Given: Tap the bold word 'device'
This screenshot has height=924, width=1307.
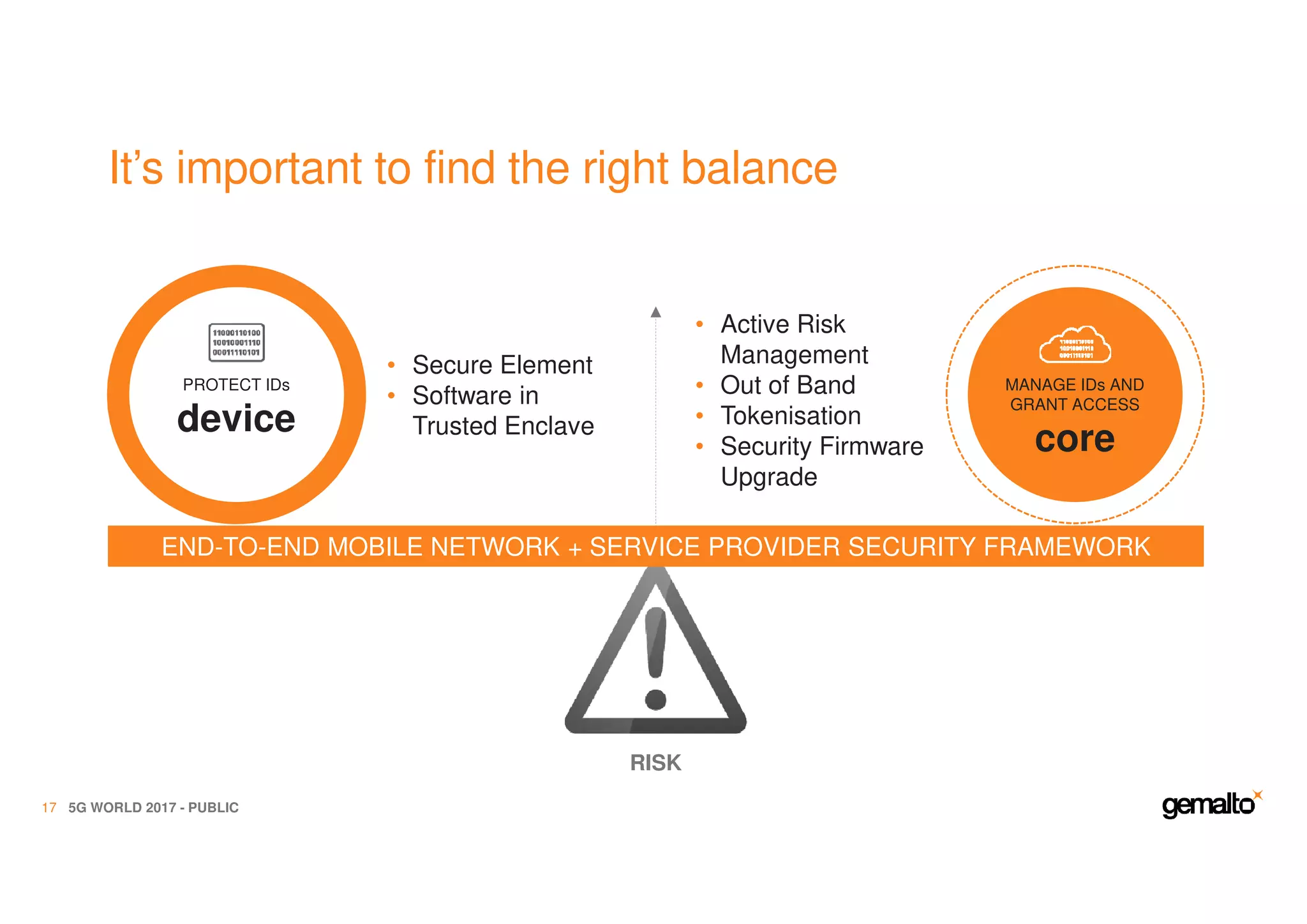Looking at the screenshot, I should pos(236,419).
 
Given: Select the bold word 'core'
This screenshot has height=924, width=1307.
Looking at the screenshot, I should pos(1075,439).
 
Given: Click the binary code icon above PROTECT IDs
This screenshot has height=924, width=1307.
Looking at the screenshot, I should pos(237,343).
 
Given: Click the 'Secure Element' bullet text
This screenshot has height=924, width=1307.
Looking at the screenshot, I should pos(502,365).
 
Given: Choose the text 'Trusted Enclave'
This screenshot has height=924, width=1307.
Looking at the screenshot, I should pos(503,426).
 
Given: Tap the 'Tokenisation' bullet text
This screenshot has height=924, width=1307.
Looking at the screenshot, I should pos(791,416).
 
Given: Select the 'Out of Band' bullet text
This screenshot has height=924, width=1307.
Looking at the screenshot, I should pos(788,385).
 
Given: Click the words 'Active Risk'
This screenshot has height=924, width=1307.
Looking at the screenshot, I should pos(782,324).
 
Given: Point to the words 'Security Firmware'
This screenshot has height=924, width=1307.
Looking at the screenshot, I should pos(821,446).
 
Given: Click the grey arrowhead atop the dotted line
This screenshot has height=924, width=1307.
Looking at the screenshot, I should pos(655,312).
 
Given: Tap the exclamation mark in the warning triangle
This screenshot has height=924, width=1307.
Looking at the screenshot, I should pos(655,658).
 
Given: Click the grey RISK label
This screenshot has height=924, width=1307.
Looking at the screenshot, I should pos(655,762).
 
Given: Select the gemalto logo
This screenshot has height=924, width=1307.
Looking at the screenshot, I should pos(1210,805).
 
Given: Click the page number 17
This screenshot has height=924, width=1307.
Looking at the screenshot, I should pos(49,808).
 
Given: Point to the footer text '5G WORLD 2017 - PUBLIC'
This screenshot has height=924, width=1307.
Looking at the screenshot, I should pos(153,808).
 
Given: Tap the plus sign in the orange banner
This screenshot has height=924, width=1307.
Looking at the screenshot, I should pos(574,549).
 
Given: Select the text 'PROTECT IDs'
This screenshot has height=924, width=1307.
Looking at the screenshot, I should pos(236,385).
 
